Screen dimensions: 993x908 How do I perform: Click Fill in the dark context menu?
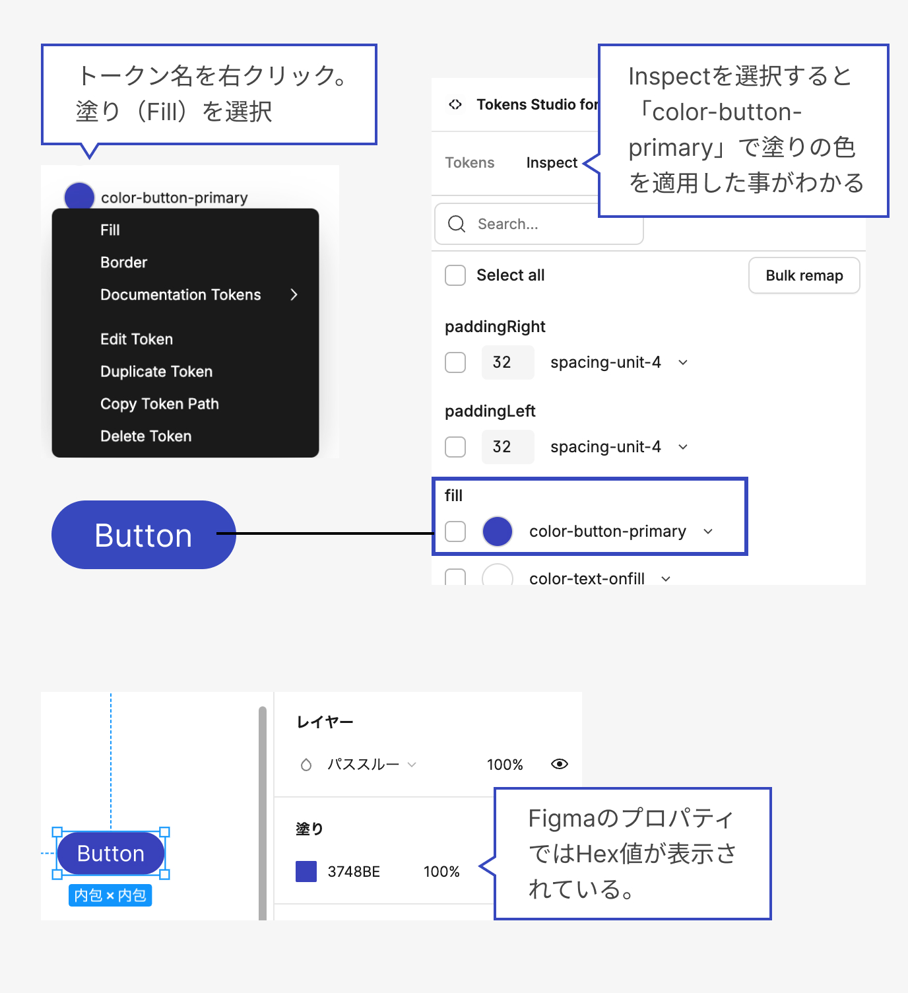point(110,230)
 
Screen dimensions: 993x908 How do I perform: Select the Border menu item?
point(124,262)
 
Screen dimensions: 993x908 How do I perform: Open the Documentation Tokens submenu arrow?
point(294,294)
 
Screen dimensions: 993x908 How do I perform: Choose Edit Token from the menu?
point(137,339)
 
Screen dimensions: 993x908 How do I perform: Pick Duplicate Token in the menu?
point(156,371)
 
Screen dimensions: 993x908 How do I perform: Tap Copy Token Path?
point(160,403)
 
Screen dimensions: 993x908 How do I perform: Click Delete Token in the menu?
point(146,436)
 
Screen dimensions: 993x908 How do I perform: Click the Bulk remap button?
point(804,275)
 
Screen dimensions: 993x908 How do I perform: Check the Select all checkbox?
point(455,275)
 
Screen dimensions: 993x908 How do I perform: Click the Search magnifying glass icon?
point(457,224)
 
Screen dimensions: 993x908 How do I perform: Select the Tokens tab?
point(470,162)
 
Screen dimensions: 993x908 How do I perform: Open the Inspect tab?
point(552,162)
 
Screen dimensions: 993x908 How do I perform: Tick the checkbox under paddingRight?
point(455,362)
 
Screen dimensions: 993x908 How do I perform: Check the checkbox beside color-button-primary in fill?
point(455,531)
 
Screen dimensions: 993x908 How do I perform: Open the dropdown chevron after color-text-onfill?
point(666,579)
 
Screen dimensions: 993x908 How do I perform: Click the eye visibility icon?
point(560,764)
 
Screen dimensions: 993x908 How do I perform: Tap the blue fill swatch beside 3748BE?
point(306,872)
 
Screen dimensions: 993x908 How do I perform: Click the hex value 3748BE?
point(354,872)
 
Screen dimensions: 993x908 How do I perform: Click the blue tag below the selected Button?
point(110,895)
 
